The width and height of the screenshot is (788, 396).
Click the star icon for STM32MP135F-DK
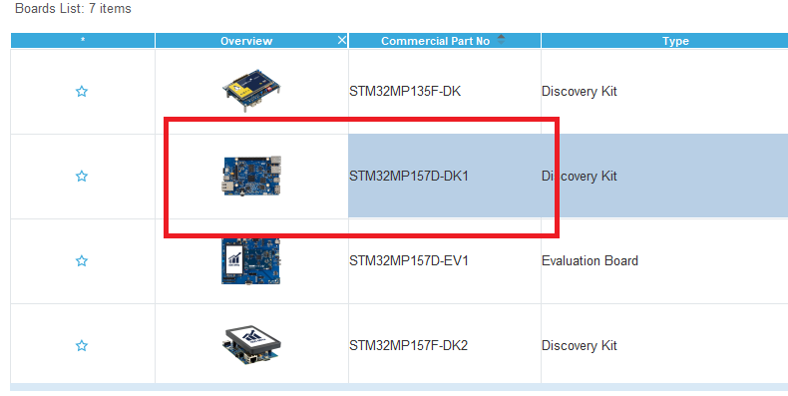tap(82, 92)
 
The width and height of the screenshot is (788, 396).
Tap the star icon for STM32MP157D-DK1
tap(82, 177)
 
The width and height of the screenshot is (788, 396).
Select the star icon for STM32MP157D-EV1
tap(82, 261)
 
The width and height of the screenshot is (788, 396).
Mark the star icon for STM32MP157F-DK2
tap(82, 346)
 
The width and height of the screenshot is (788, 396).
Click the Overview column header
tap(246, 41)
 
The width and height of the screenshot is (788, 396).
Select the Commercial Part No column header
tap(435, 41)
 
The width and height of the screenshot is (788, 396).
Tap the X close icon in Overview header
tap(342, 40)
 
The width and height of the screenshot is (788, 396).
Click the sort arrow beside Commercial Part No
tap(501, 39)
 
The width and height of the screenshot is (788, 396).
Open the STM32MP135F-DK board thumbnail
tap(251, 90)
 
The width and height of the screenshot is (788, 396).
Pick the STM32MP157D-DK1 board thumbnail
tap(251, 175)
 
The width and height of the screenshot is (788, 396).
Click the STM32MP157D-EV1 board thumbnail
tap(250, 261)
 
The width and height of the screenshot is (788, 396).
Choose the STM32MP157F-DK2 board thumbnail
tap(251, 344)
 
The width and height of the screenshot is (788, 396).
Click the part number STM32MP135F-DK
tap(404, 92)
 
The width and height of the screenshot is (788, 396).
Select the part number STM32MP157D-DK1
tap(408, 177)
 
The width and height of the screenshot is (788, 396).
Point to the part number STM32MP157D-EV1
tap(408, 261)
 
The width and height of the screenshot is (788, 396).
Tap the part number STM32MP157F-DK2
tap(408, 346)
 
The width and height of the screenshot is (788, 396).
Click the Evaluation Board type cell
tap(590, 261)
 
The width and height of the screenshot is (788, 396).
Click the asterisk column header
tap(82, 41)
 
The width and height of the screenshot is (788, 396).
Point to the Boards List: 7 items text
tap(73, 9)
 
